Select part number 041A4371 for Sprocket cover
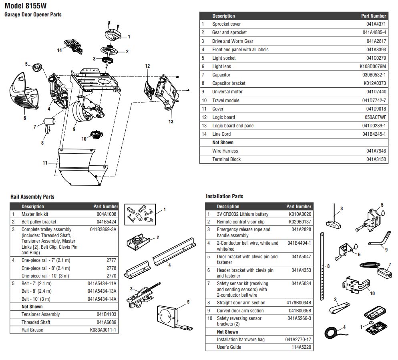[374, 24]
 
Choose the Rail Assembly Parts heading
[32, 197]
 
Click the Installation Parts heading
[224, 197]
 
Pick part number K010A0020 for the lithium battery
[300, 214]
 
